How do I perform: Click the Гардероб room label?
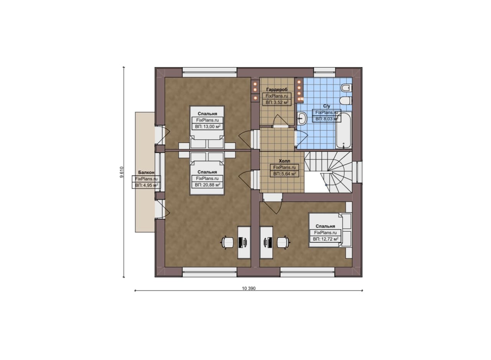[277, 90]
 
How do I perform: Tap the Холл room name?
[284, 161]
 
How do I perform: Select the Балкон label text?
[146, 173]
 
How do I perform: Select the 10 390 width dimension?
[249, 289]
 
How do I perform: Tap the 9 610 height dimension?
[122, 172]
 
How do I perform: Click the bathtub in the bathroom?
[343, 131]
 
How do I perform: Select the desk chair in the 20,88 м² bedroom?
[228, 242]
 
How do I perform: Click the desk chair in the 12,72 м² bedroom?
[283, 242]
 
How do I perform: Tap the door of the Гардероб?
[280, 121]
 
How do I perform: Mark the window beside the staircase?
[358, 172]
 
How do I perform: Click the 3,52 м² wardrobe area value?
[277, 102]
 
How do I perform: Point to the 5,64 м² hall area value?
[285, 174]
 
